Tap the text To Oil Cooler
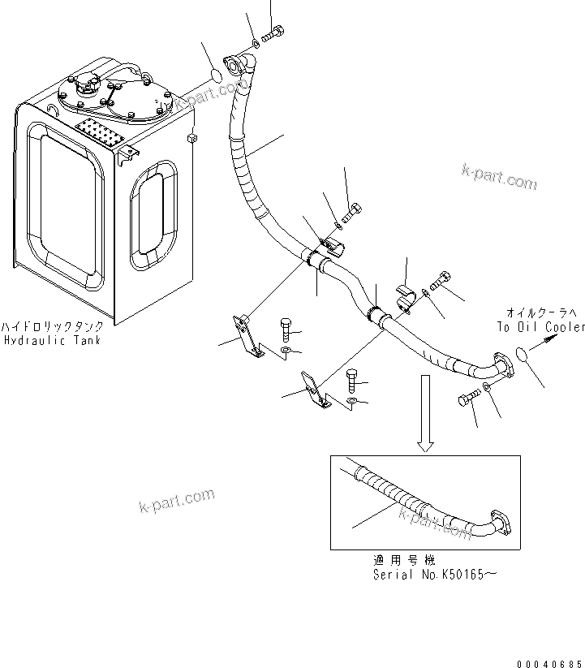(540, 327)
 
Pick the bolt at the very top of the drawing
(273, 34)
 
